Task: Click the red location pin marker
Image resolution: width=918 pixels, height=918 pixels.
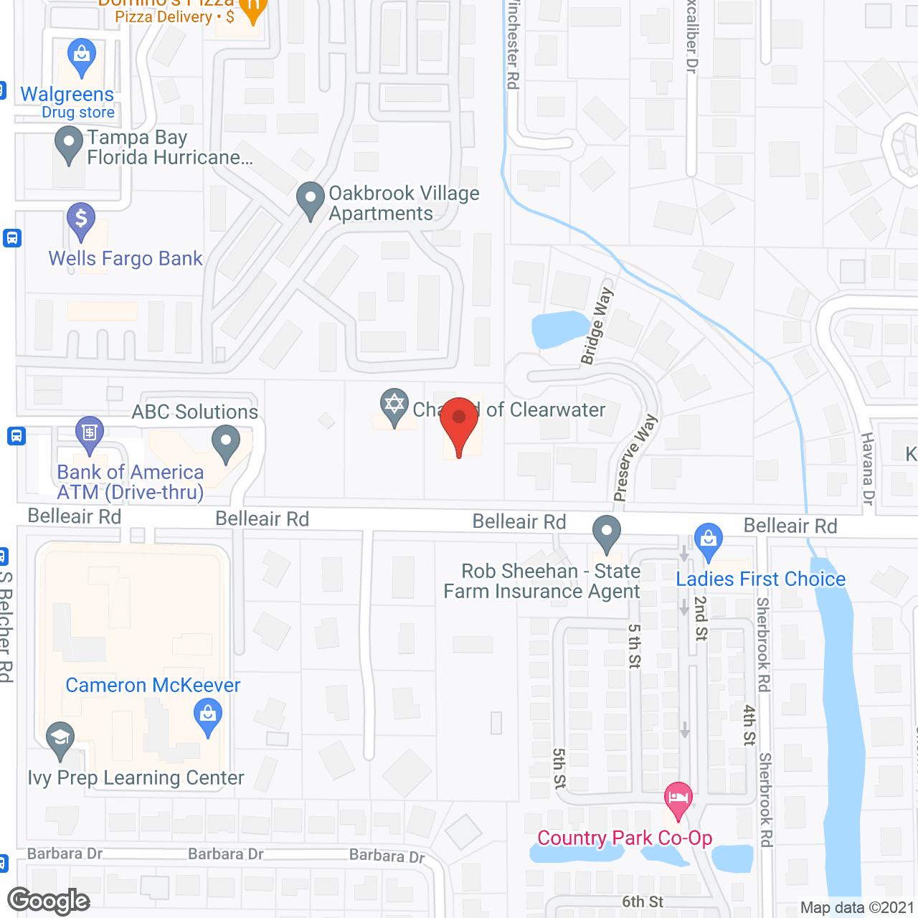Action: pyautogui.click(x=459, y=423)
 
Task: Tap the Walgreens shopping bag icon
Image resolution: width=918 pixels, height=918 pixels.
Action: pyautogui.click(x=81, y=55)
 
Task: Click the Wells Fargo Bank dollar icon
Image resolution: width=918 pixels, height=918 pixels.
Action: pyautogui.click(x=81, y=219)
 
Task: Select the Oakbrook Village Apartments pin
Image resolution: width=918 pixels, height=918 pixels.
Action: pyautogui.click(x=311, y=199)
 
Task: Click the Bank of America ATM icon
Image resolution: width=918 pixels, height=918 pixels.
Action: pyautogui.click(x=90, y=433)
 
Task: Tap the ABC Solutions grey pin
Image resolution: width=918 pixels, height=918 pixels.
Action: pyautogui.click(x=226, y=442)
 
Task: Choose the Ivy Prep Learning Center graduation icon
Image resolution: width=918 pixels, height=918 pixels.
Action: pyautogui.click(x=60, y=739)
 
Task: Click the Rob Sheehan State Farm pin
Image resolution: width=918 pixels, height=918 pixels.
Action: pyautogui.click(x=607, y=533)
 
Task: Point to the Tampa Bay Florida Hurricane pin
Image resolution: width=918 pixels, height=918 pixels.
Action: pyautogui.click(x=69, y=143)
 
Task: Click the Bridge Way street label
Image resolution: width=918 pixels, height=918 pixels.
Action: pyautogui.click(x=597, y=326)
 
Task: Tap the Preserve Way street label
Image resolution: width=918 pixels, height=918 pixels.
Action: pyautogui.click(x=634, y=458)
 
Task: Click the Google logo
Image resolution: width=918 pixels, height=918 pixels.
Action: pyautogui.click(x=49, y=901)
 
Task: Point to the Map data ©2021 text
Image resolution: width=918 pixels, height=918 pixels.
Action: pyautogui.click(x=857, y=908)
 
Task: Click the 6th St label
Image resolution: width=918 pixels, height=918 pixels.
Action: pyautogui.click(x=643, y=902)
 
